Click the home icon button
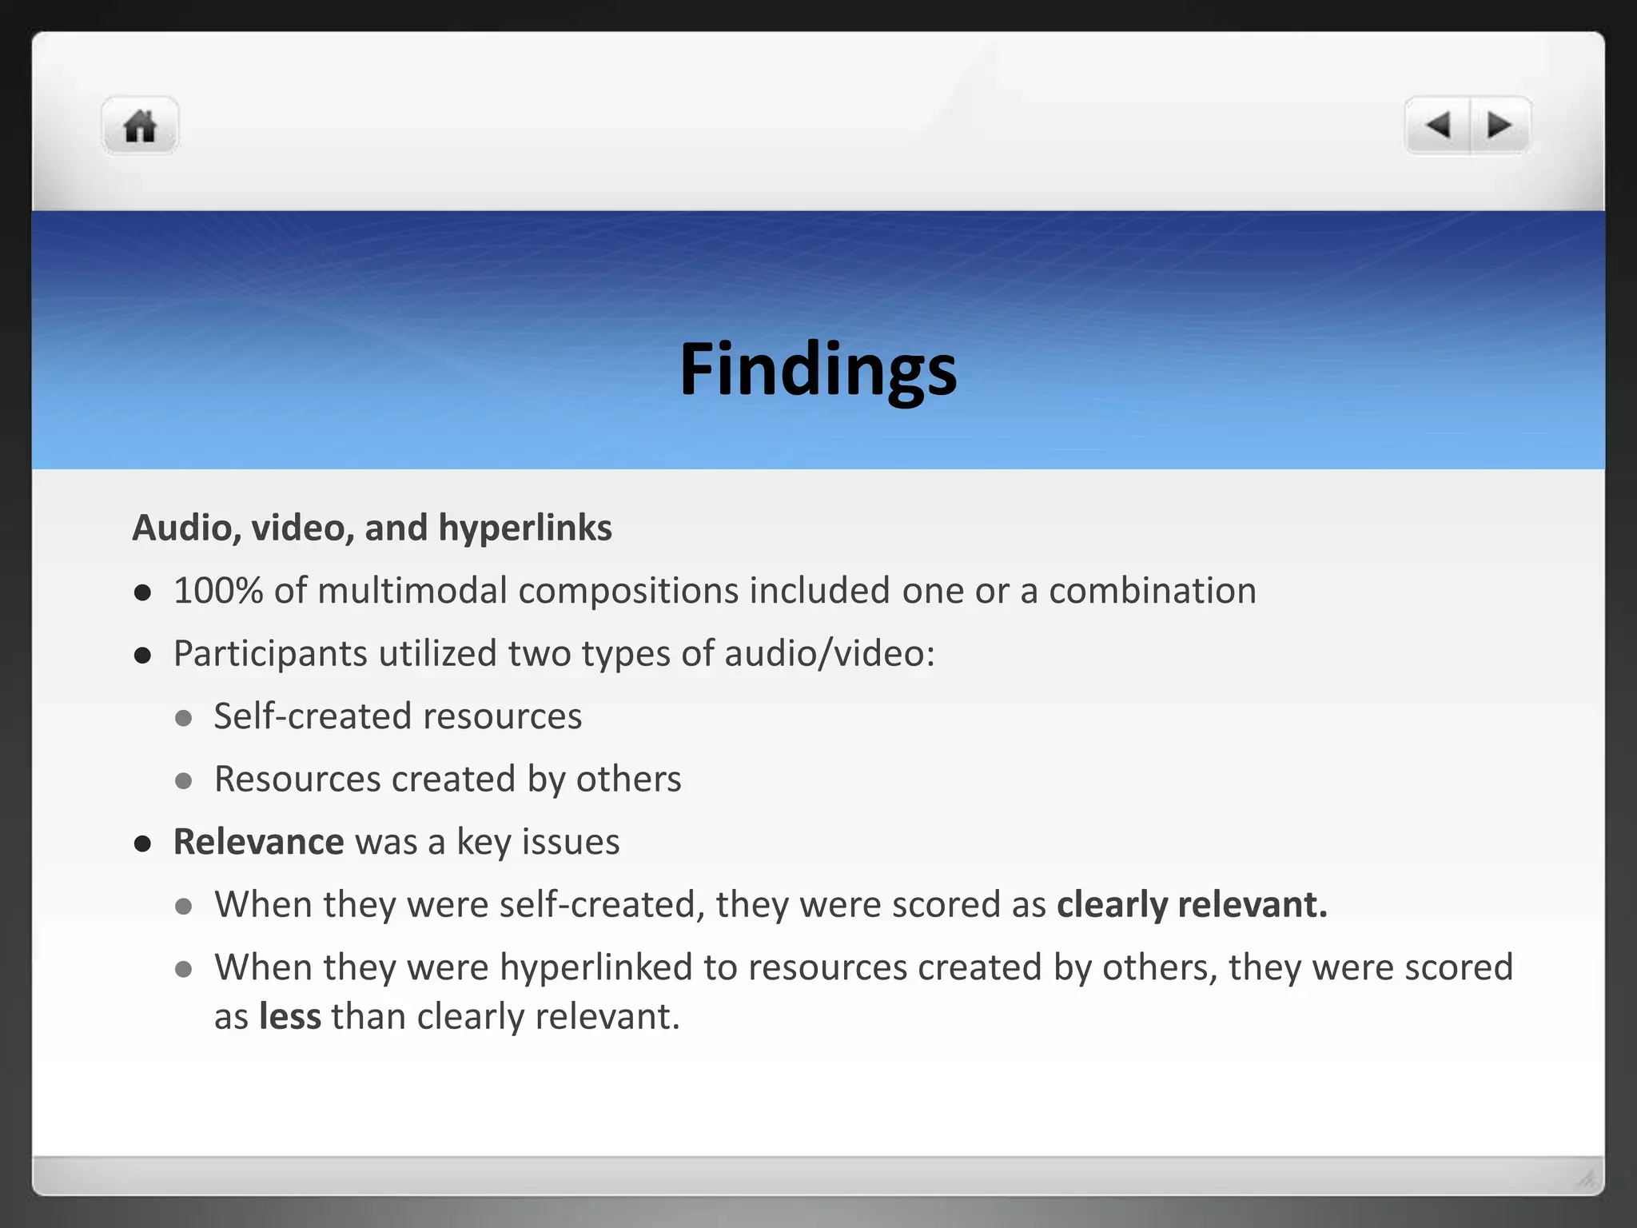[140, 126]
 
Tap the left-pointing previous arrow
[1438, 125]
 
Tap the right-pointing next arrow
[1500, 125]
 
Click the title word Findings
[818, 369]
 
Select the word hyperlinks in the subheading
[525, 528]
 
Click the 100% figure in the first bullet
[218, 591]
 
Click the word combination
[1152, 591]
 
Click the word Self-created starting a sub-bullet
[313, 716]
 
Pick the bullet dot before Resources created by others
[184, 780]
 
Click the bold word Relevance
[258, 842]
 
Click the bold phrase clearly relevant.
[1191, 905]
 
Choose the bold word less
[290, 1017]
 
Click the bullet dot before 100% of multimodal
[143, 592]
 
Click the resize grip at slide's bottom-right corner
[1586, 1178]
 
